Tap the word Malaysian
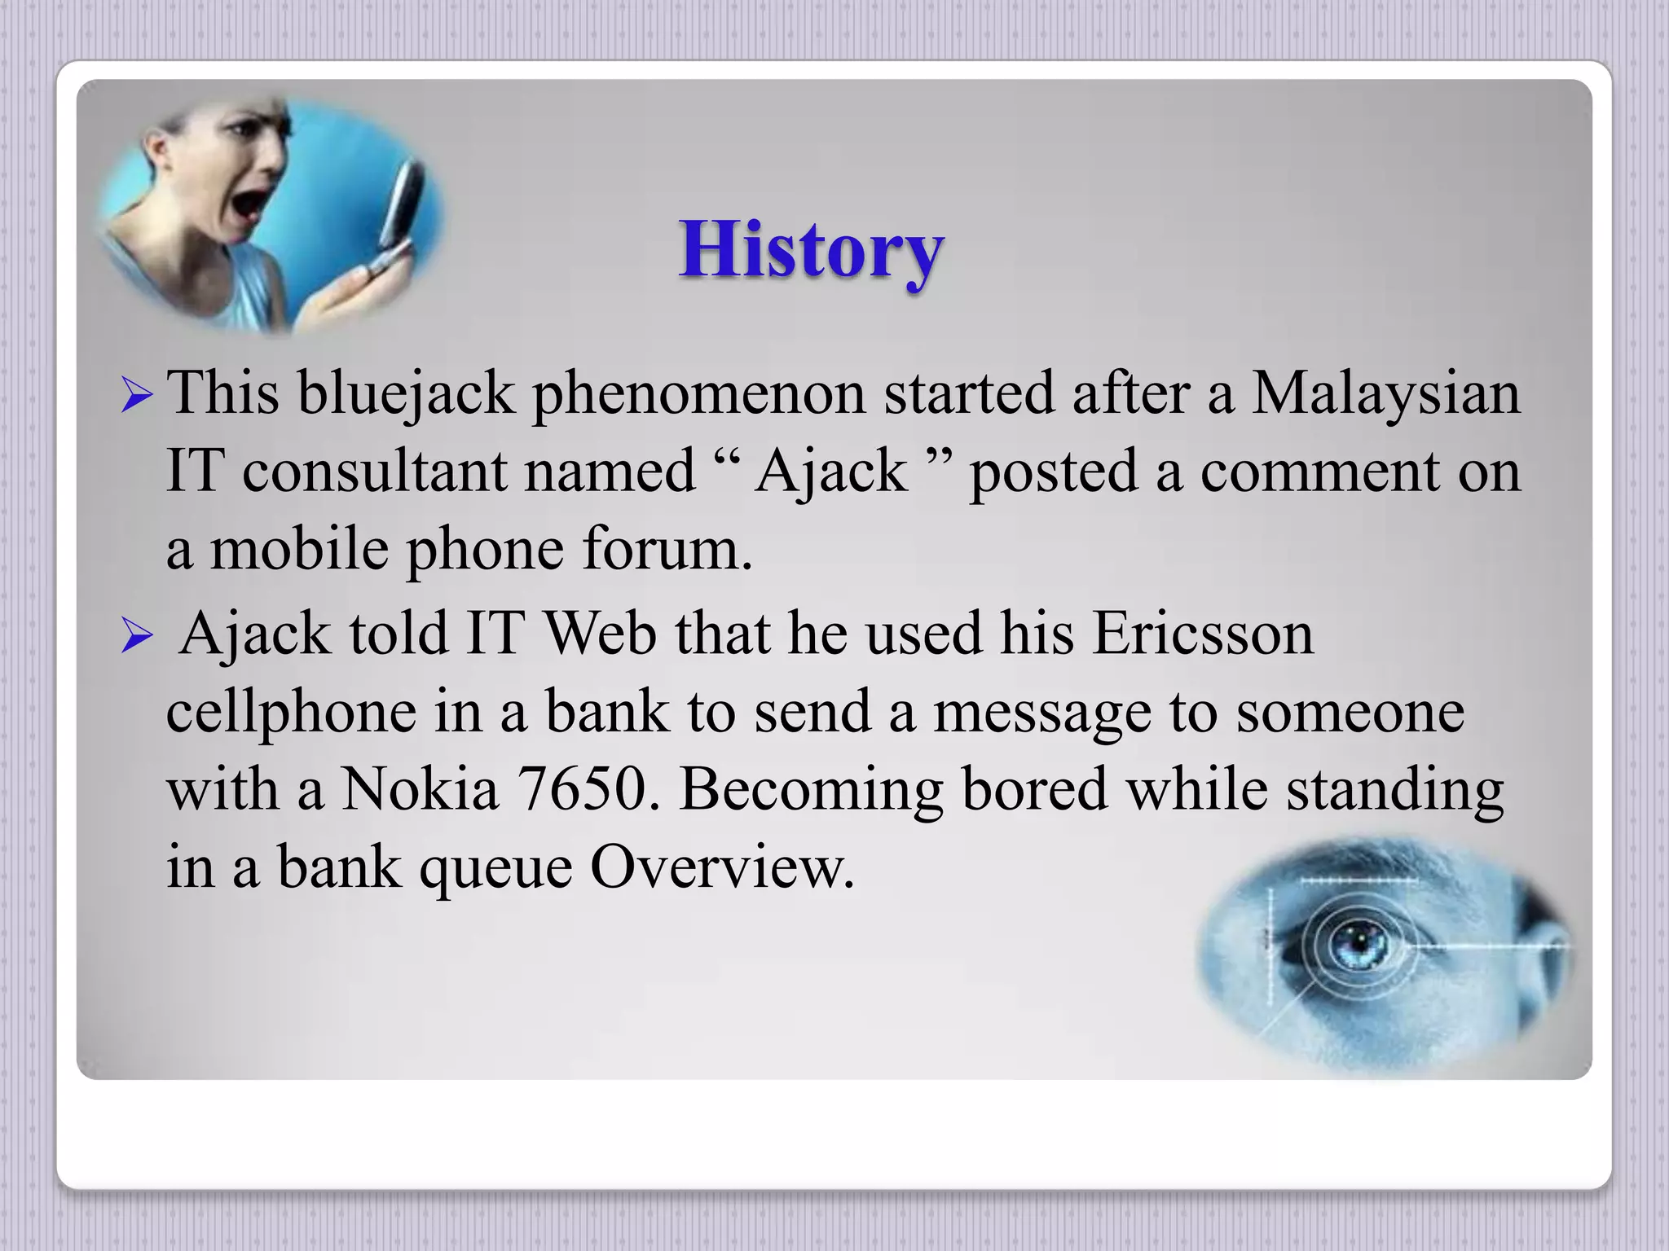pyautogui.click(x=1385, y=393)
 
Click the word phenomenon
pyautogui.click(x=698, y=393)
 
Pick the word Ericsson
pyautogui.click(x=1202, y=633)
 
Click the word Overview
pyautogui.click(x=722, y=867)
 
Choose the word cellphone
pyautogui.click(x=291, y=711)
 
